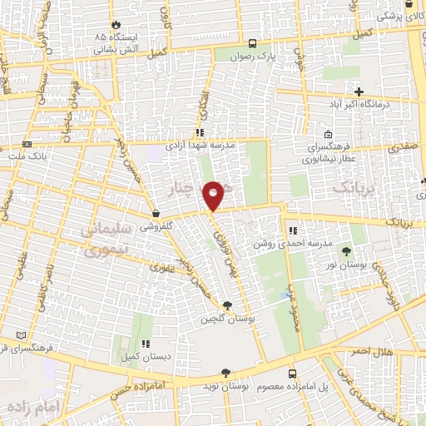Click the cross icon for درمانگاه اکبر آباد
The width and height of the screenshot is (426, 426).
[x=359, y=92]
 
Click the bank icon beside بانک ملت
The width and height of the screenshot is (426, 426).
[x=27, y=145]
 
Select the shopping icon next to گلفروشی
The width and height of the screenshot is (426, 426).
[x=156, y=214]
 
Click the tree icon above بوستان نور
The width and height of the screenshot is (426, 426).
[x=346, y=251]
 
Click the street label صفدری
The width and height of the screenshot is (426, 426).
[x=403, y=146]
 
